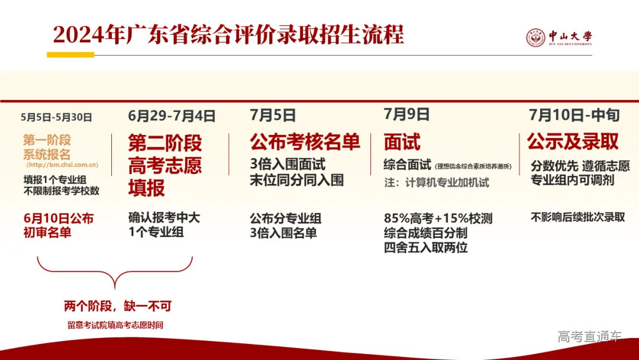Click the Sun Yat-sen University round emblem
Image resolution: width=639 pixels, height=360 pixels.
(x=535, y=38)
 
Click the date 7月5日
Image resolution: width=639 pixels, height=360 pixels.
(x=273, y=115)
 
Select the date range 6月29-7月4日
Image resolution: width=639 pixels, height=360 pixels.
(x=172, y=115)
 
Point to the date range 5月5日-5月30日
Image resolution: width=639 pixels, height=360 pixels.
(x=56, y=117)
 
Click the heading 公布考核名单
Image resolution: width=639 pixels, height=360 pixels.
(x=305, y=142)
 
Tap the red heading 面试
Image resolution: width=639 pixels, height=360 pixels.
(x=402, y=142)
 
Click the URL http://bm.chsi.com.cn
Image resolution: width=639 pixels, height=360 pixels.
(x=62, y=165)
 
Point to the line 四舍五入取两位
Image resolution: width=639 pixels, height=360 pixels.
(x=425, y=247)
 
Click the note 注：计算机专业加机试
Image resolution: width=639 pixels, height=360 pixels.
(x=437, y=182)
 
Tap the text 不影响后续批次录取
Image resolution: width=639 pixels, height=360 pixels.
(x=577, y=217)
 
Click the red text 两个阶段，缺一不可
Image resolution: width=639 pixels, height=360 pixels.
(x=117, y=306)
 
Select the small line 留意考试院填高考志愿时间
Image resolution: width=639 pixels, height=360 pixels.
(x=115, y=325)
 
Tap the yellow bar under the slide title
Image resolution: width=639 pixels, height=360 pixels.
(x=70, y=55)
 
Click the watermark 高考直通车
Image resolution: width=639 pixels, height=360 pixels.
(x=589, y=337)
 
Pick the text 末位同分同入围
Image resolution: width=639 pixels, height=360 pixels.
(x=296, y=180)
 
